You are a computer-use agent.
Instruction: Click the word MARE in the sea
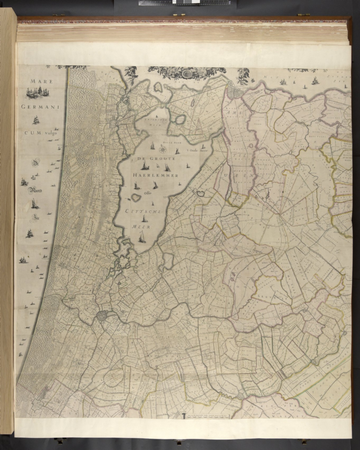(42, 82)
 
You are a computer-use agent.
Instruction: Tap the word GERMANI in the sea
(40, 107)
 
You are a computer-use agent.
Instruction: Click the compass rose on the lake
(162, 150)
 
